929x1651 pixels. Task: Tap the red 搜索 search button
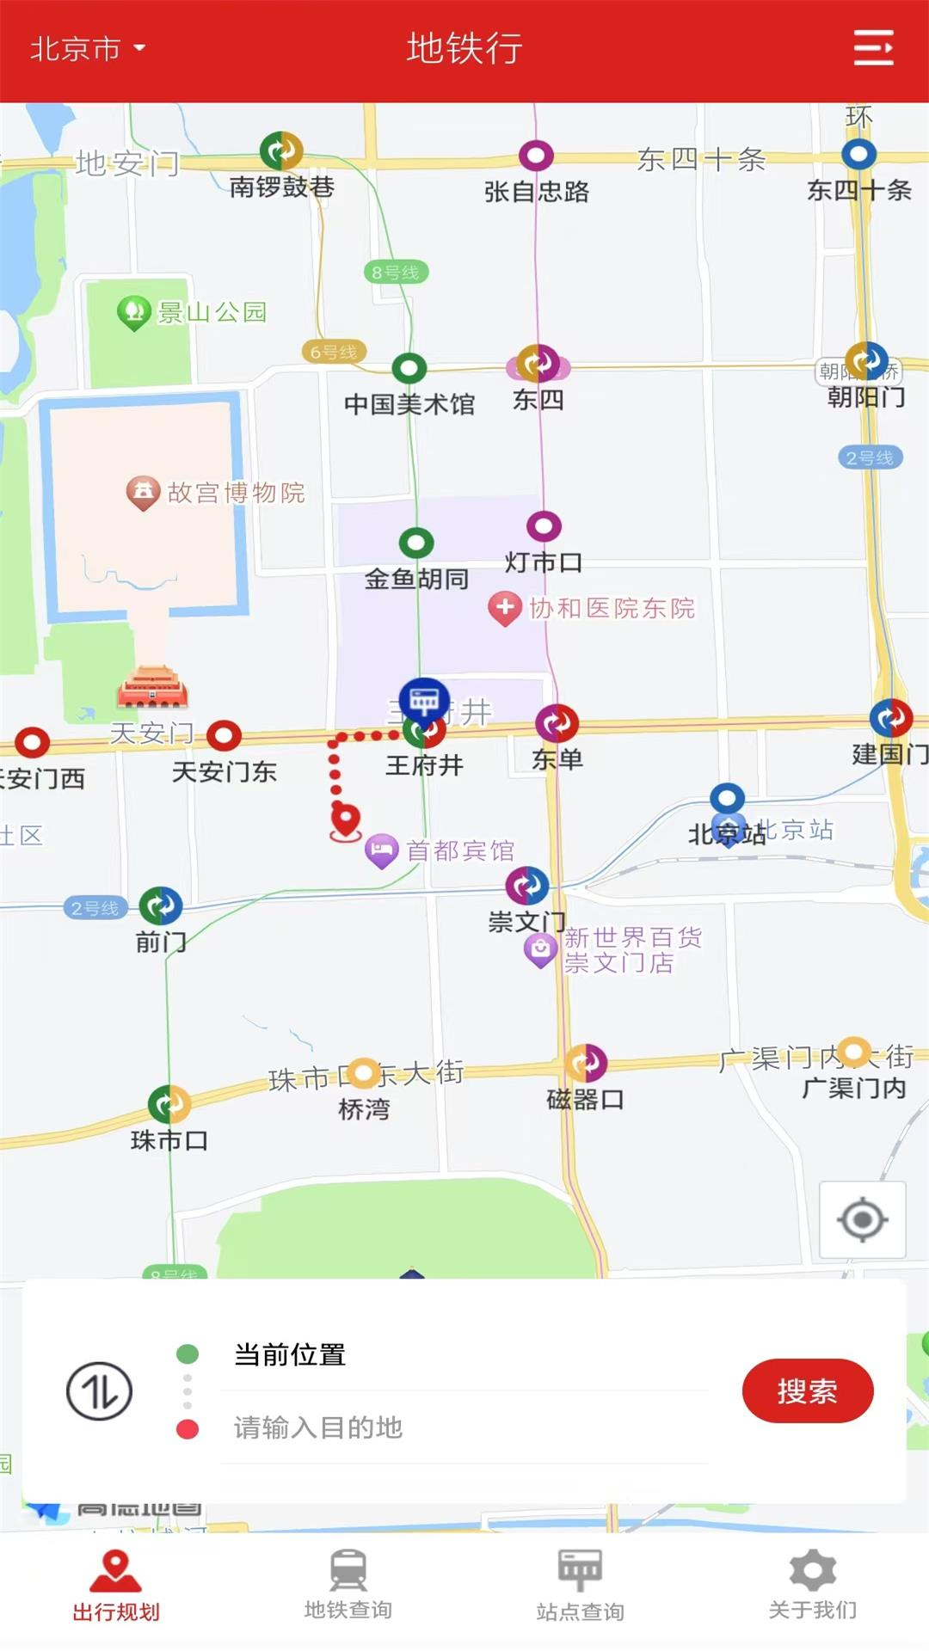807,1390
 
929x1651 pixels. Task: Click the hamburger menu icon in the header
873,48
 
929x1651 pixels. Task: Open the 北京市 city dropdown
87,49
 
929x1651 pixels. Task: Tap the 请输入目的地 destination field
464,1427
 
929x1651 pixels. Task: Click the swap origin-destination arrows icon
100,1390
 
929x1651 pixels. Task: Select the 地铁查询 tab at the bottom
348,1585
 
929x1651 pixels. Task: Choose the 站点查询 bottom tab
581,1585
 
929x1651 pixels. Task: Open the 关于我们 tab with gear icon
813,1585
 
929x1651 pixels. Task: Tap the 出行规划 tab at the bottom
116,1585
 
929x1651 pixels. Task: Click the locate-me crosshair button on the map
862,1219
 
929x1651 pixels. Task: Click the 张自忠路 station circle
536,156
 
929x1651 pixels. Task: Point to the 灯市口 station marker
544,526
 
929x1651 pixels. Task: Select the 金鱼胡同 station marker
416,543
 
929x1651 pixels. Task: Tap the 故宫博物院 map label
235,492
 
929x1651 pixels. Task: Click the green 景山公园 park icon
134,311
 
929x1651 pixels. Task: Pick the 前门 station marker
161,905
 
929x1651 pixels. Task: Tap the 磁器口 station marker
586,1064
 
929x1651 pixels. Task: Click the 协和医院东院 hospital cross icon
505,607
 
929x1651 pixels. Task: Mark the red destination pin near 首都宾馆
346,819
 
